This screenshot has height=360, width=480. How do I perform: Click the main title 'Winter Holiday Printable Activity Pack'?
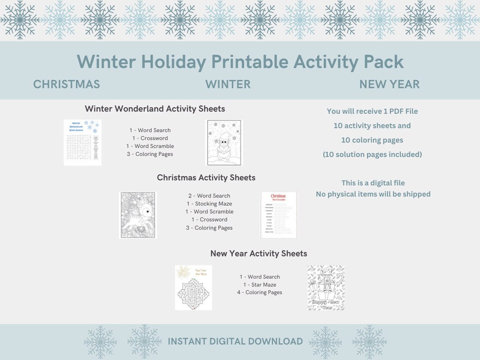tap(240, 62)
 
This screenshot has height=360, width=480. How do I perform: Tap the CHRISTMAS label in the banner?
tap(67, 84)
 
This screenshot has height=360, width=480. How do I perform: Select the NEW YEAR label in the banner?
tap(389, 84)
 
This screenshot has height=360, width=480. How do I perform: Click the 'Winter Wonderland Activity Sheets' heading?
tap(155, 109)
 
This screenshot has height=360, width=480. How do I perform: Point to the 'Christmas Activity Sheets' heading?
tap(206, 178)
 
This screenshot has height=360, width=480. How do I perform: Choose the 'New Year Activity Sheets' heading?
tap(259, 253)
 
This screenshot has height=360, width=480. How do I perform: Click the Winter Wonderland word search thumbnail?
tap(83, 142)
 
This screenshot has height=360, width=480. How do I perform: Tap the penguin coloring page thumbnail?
tap(224, 142)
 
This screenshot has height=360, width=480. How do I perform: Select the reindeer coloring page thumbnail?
tap(138, 215)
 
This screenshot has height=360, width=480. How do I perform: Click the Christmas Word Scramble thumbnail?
tap(278, 215)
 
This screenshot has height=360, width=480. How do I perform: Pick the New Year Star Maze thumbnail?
tap(193, 288)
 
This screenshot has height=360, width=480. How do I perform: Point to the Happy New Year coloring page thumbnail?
tap(326, 288)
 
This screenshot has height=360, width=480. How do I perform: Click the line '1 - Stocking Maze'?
tap(209, 204)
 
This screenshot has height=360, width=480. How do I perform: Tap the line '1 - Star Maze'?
tap(259, 285)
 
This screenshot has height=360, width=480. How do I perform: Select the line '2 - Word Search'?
tap(209, 196)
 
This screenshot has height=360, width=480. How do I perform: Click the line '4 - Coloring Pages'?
tap(259, 292)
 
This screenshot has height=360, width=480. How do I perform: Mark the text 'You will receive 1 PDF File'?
tap(372, 111)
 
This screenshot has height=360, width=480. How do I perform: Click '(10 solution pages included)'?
tap(372, 155)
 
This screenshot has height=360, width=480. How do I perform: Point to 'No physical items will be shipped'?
tap(373, 194)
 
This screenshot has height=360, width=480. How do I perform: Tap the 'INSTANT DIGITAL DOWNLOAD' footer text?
tap(235, 341)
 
